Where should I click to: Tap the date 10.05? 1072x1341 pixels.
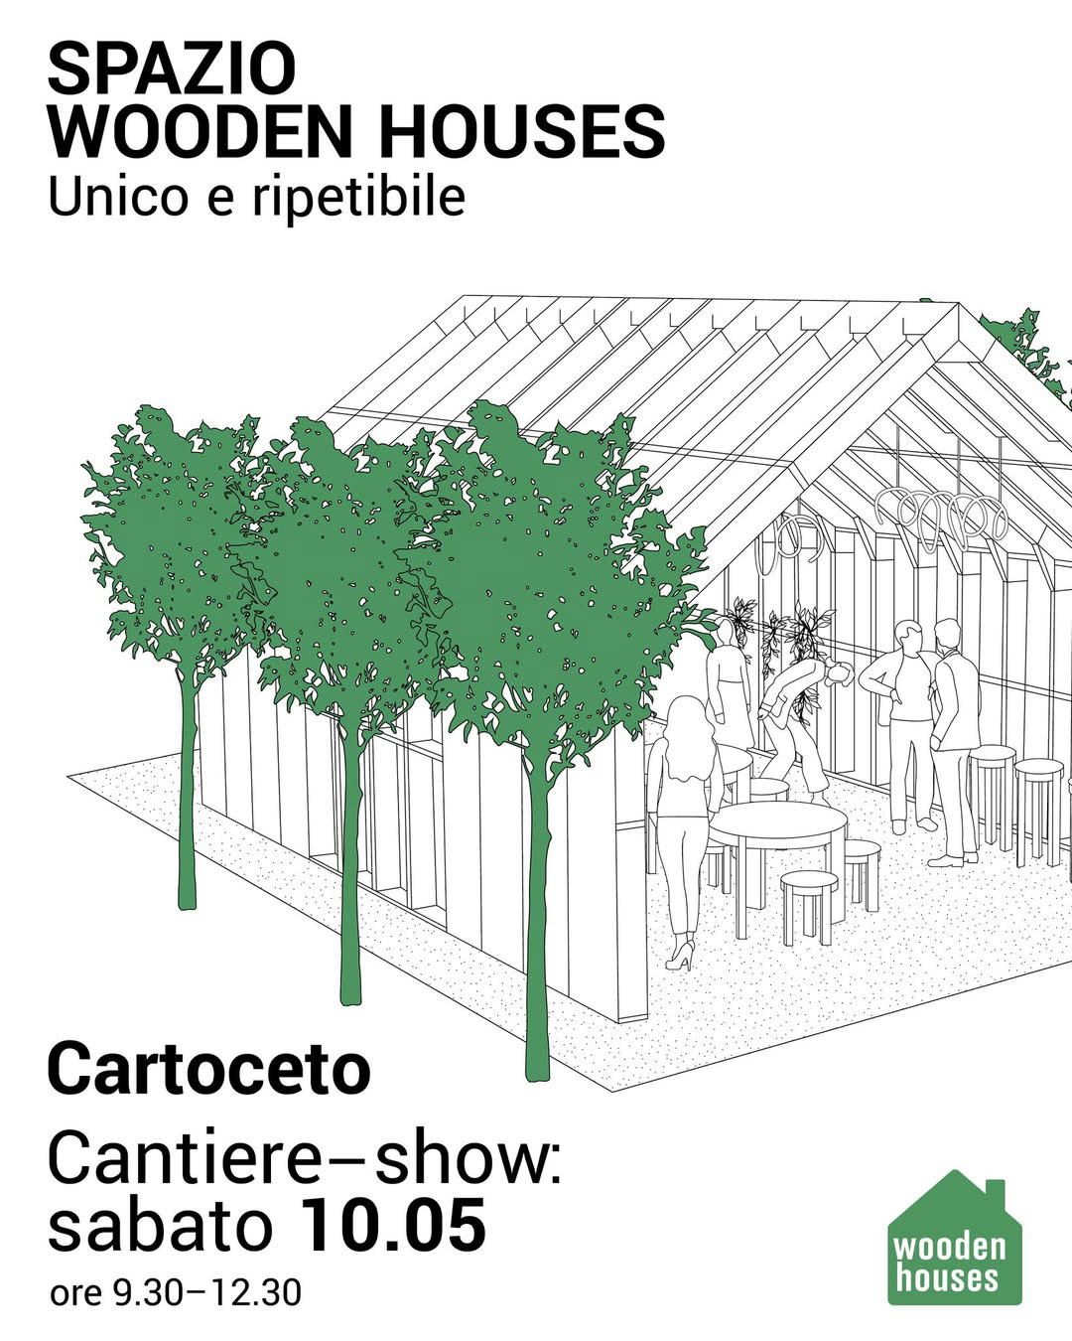click(x=393, y=1226)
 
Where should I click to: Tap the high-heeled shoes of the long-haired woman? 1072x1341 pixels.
click(x=681, y=955)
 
